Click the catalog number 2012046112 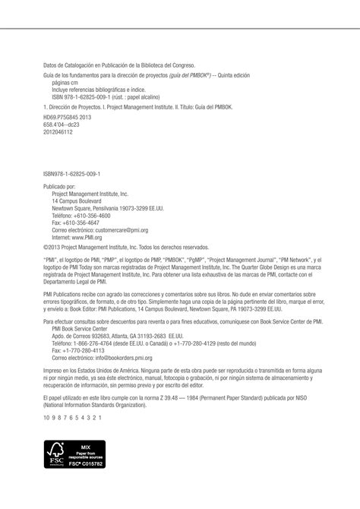[58, 131]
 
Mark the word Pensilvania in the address [112, 207]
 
